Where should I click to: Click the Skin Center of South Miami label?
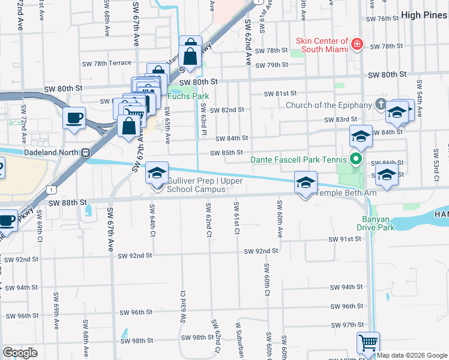322,45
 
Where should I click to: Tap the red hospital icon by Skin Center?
357,44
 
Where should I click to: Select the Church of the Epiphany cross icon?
380,105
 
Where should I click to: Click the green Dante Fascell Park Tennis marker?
355,160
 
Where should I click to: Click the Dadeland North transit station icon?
85,152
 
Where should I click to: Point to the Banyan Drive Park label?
378,223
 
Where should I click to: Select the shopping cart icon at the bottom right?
367,343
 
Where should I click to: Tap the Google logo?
20,353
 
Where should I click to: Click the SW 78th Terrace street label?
107,63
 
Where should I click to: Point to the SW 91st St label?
345,239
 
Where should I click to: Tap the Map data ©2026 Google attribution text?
412,355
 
